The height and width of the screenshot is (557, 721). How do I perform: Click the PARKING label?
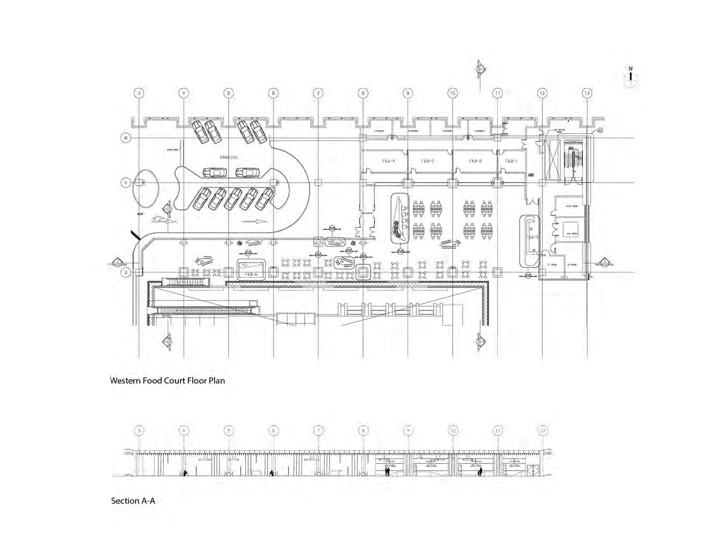click(229, 157)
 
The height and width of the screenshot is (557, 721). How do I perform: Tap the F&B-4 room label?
click(388, 161)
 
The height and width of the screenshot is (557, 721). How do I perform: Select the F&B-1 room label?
click(511, 161)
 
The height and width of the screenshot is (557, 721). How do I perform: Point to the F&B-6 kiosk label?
click(251, 274)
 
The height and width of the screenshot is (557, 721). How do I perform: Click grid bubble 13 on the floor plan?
click(587, 93)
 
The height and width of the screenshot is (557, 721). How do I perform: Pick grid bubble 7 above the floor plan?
click(318, 93)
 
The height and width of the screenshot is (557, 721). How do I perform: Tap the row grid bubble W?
click(126, 138)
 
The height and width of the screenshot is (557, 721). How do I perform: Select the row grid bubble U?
click(126, 272)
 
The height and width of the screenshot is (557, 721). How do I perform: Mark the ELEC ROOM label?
click(572, 206)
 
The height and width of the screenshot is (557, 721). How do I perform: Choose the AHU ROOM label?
click(572, 234)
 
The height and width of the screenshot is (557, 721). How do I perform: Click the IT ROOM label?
click(552, 265)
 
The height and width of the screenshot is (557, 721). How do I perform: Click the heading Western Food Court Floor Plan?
click(167, 381)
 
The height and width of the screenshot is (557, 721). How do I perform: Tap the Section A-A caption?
click(133, 501)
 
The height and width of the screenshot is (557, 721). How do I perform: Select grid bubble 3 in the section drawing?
click(139, 430)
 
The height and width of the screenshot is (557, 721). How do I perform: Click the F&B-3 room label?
click(427, 161)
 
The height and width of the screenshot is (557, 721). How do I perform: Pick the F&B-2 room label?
click(475, 161)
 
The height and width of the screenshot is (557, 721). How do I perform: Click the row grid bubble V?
click(126, 183)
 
